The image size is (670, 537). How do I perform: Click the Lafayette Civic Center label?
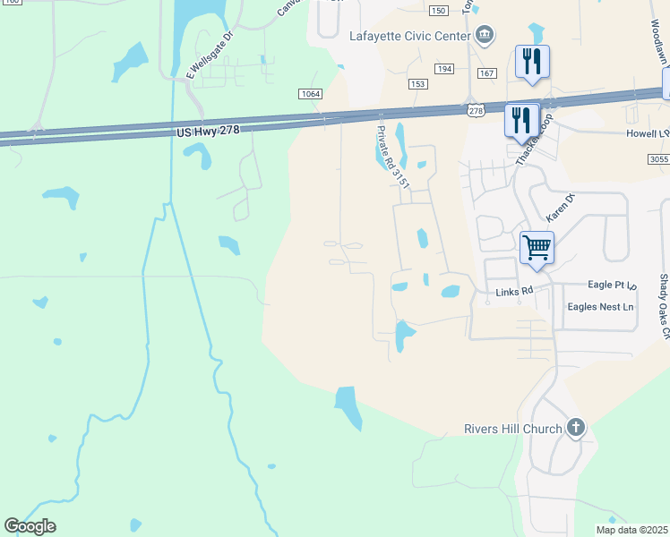409,36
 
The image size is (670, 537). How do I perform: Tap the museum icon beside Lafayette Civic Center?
485,35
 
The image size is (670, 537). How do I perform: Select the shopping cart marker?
537,247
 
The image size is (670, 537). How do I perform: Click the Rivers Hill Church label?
512,429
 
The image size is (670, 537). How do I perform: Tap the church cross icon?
575,429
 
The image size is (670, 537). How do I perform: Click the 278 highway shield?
476,110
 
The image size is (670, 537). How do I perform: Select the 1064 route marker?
310,94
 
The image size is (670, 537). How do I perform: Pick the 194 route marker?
444,69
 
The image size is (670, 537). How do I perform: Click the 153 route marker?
417,83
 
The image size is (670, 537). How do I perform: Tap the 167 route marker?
486,72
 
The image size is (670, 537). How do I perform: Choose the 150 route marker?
437,10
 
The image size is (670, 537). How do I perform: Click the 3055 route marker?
658,158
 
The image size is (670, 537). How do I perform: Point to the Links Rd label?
514,292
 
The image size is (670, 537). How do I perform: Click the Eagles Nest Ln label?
600,307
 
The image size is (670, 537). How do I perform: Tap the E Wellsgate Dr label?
209,55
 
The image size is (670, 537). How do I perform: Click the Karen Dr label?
560,209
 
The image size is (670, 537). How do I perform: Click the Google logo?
30,526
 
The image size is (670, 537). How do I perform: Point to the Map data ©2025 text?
631,530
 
